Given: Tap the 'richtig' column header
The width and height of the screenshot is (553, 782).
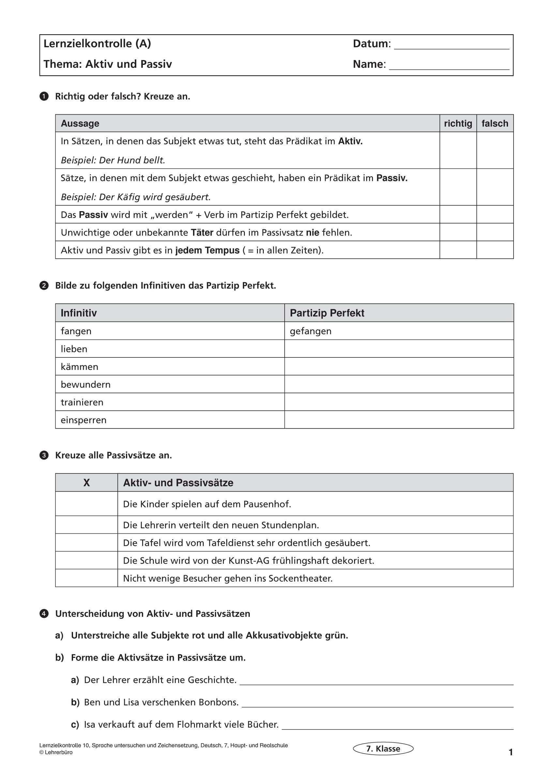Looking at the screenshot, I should coord(458,123).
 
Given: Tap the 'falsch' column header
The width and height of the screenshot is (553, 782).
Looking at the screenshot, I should coord(495,123).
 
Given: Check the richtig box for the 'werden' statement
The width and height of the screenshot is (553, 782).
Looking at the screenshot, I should coord(458,215).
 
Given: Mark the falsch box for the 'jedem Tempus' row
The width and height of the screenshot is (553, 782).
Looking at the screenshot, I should coord(495,250).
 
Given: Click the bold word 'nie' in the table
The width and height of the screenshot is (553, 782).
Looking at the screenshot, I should coord(312,233).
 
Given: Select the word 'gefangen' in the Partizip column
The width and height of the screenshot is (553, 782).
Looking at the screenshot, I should coord(310,331).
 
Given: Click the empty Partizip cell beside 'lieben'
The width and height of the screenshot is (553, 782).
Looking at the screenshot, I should coord(399,349).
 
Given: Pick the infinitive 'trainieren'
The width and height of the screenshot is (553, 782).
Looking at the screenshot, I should coord(82,402).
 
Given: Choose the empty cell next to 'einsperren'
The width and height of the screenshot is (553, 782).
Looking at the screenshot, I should coord(399,420).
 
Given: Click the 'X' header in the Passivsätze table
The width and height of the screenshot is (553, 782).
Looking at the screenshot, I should coord(86,483).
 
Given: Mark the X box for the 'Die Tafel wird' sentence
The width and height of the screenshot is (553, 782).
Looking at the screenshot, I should coord(86,543).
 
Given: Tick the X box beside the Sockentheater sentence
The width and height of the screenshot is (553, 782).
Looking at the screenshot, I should coord(86,578).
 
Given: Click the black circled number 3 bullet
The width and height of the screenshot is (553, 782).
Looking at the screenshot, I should coord(44,456).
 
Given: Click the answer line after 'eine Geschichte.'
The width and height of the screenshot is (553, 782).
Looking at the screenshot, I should coord(376,682).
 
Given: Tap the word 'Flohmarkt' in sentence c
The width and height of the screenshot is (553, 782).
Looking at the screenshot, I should coord(199,724).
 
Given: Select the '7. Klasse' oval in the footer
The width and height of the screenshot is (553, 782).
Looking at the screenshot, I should coord(383,749).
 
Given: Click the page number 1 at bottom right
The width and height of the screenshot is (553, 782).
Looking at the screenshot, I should coord(510,752).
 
